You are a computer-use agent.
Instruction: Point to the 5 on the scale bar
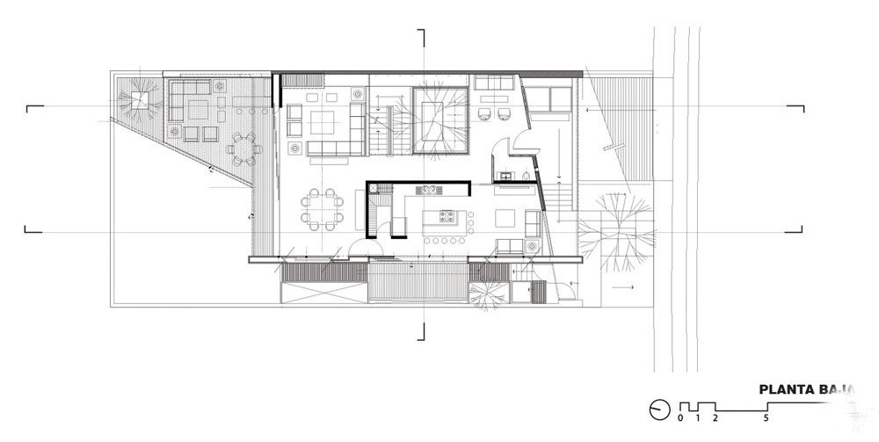[766, 418]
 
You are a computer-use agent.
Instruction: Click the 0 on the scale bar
[680, 418]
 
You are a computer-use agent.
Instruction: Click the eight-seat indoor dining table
[322, 209]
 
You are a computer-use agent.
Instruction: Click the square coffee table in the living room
[322, 120]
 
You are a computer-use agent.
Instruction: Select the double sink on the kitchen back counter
[431, 188]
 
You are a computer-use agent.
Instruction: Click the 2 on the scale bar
[716, 418]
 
